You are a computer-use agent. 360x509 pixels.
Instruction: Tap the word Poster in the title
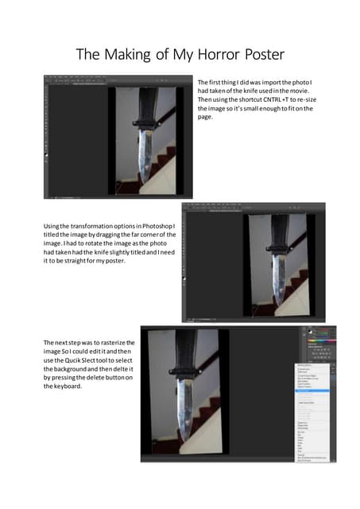[x=258, y=55]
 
